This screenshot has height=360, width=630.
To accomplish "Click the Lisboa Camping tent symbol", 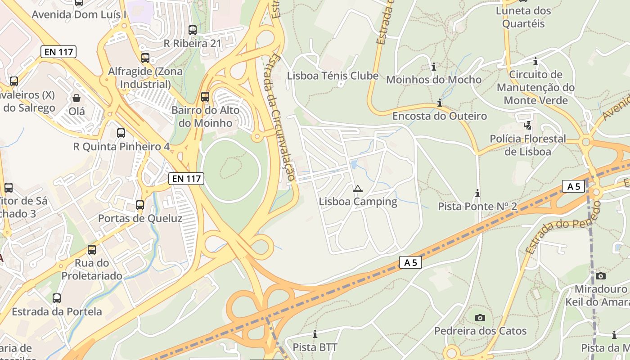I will point(357,189).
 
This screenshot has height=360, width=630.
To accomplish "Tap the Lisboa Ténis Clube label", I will point(333,76).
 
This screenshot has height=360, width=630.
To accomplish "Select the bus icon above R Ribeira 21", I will point(193,30).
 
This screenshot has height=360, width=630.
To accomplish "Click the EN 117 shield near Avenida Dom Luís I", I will point(58,52).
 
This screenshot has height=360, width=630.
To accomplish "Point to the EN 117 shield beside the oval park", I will point(186,179).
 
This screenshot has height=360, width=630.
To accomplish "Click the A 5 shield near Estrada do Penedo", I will point(573,186).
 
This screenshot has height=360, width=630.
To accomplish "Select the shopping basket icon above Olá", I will point(76,98).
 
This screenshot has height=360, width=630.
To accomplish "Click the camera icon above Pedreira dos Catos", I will point(480,318).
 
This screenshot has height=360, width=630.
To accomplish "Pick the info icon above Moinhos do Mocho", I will point(434,67).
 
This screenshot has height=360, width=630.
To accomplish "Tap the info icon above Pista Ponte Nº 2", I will point(477,193).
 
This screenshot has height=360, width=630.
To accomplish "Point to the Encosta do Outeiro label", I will point(439,116).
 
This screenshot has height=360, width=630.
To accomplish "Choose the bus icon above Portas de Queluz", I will point(140,205).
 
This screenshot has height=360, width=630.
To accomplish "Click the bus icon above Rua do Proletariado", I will point(92,249).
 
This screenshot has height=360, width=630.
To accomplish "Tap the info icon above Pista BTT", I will point(315,334).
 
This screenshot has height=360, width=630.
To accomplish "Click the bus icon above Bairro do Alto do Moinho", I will point(205,96).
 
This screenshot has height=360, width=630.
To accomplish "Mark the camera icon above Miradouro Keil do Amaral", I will point(600,276).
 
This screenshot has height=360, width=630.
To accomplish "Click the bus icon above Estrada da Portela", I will point(57,298).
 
